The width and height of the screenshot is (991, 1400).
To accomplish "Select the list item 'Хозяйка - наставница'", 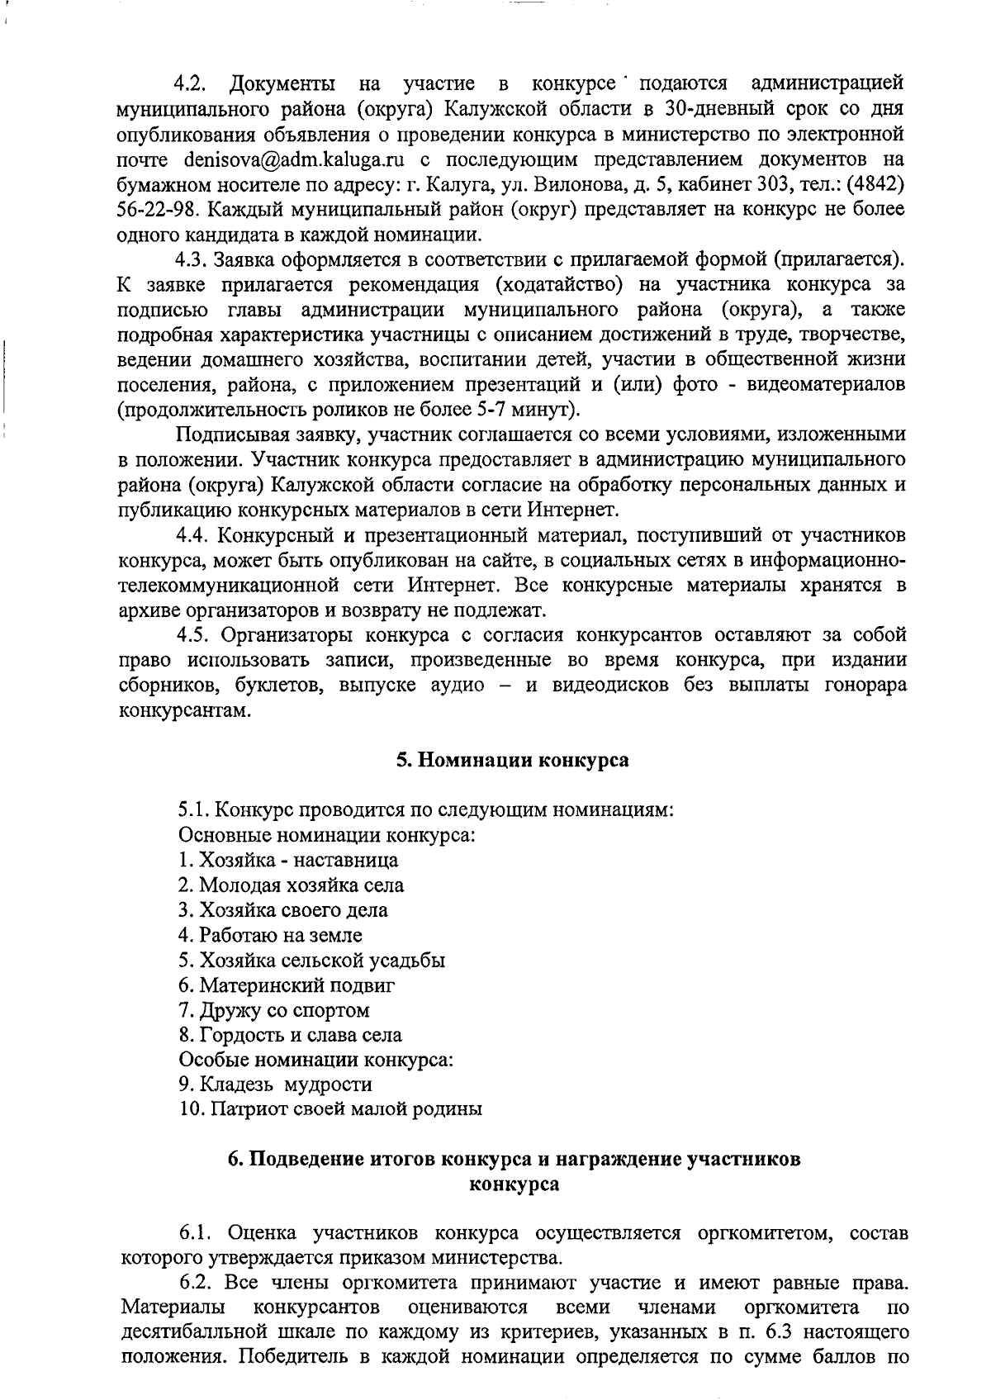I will tap(288, 861).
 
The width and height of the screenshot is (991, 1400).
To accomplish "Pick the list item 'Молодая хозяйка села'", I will tap(292, 885).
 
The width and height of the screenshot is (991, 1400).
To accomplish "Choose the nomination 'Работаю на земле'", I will tap(270, 935).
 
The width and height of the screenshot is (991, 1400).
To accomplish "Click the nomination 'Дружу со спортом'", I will tap(273, 1010).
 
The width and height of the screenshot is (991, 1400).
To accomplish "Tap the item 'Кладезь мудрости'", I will tap(276, 1084).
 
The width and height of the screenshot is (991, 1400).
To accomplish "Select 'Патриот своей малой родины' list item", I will tap(330, 1109).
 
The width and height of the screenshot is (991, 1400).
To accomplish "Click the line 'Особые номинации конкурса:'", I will tap(316, 1060).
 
